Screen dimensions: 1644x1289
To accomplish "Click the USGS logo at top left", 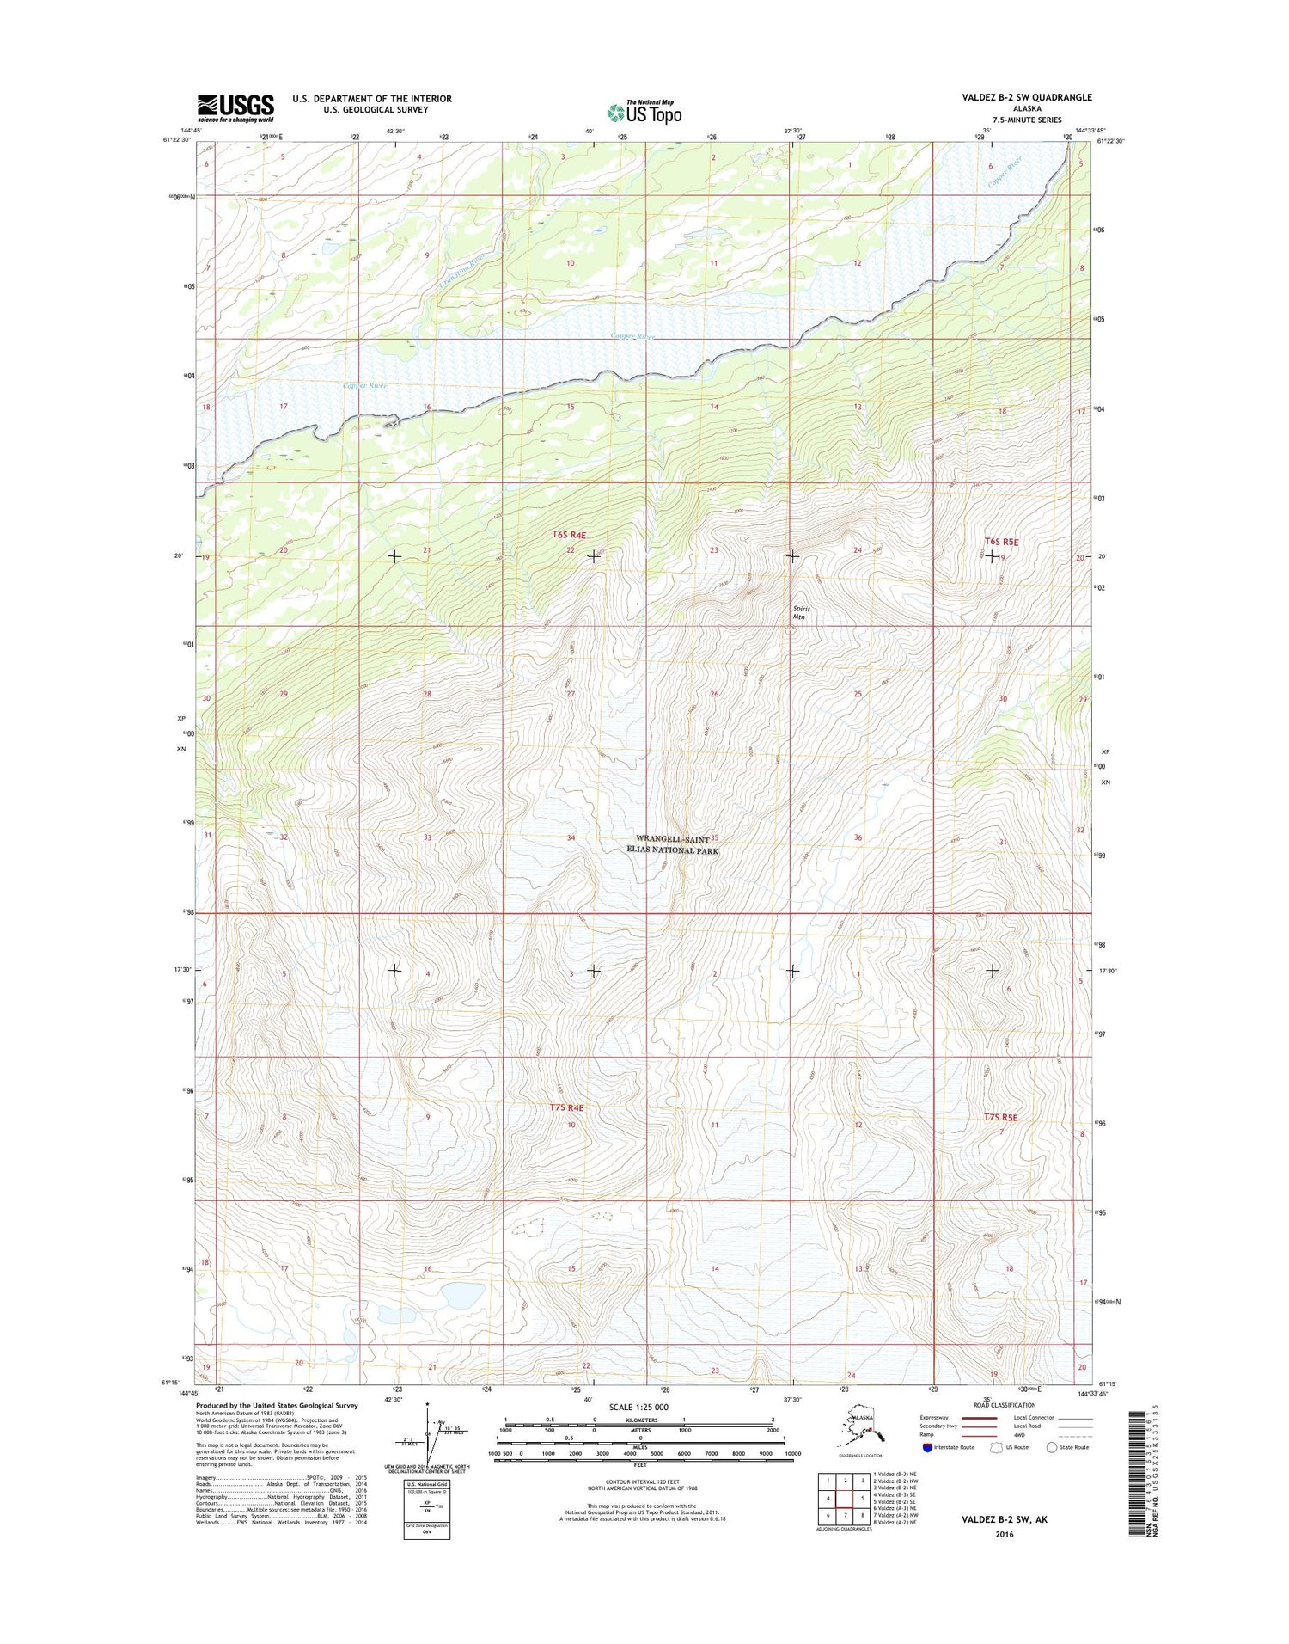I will tap(235, 107).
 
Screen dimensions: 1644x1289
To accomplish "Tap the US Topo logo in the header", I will tap(644, 112).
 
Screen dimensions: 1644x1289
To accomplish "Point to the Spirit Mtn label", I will tap(800, 613).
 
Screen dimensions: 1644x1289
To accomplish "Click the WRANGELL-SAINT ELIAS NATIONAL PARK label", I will tap(676, 844).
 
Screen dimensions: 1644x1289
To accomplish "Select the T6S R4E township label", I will tap(568, 535).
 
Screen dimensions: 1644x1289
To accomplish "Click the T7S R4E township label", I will tap(566, 1108).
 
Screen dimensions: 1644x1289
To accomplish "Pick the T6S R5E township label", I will tap(1000, 543).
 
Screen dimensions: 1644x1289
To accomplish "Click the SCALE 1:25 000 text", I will tap(637, 1408).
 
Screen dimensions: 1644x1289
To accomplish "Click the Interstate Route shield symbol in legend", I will tap(927, 1447).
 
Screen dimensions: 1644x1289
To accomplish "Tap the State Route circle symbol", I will tap(1051, 1447).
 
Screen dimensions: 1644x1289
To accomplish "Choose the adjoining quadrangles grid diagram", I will tap(845, 1498).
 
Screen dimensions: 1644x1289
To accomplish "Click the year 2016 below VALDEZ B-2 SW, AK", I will tap(1003, 1534).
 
